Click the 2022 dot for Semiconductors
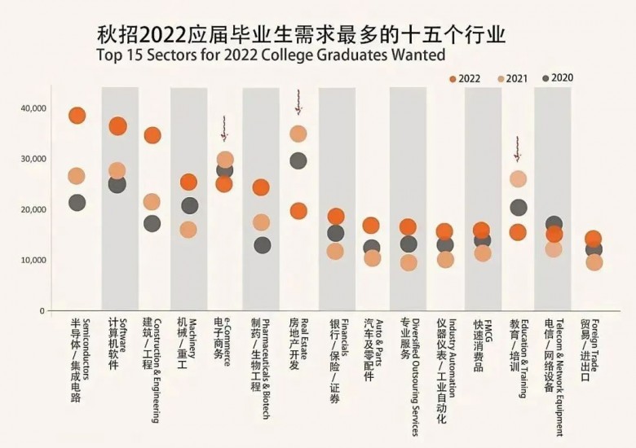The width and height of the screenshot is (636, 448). click(77, 116)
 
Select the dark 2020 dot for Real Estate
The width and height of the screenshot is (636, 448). click(298, 160)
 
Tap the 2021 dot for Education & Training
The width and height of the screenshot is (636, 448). click(518, 179)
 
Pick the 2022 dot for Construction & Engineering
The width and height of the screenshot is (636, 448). click(152, 135)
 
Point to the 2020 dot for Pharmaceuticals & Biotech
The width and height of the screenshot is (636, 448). click(262, 244)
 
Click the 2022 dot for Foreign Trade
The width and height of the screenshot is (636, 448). click(594, 239)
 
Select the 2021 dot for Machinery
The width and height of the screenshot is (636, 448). click(188, 230)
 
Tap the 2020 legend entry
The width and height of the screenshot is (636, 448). click(559, 78)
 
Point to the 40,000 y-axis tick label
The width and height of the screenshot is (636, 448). click(33, 108)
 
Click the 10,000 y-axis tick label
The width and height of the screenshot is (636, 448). click(33, 260)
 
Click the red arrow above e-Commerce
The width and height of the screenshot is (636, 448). click(225, 129)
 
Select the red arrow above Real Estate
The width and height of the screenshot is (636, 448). click(298, 103)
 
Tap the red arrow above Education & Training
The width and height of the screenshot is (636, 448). click(518, 149)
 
